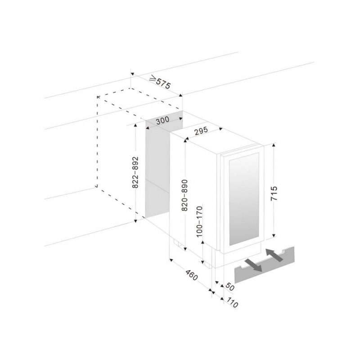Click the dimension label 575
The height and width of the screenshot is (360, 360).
click(163, 84)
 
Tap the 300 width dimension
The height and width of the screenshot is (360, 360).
click(162, 120)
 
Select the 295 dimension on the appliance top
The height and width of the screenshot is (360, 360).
click(201, 130)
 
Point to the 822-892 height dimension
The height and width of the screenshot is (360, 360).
click(136, 172)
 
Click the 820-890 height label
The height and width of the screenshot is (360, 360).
click(185, 195)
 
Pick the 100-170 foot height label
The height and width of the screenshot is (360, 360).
click(199, 221)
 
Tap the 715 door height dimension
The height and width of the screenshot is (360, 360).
click(274, 193)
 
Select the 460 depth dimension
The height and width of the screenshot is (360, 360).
click(192, 275)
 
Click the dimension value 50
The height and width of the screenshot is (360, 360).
click(229, 287)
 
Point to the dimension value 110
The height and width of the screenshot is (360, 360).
click(232, 303)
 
